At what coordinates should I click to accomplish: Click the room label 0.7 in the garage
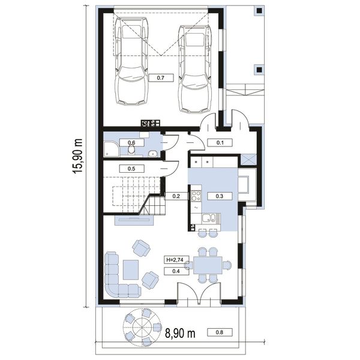pos(161,78)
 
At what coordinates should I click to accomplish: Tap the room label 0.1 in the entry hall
pos(220,143)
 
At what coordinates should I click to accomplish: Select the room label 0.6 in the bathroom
pos(131,143)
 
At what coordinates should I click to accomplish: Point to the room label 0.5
pos(131,169)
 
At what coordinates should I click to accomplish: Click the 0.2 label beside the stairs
pos(176,196)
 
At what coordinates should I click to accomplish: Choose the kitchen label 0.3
pos(220,196)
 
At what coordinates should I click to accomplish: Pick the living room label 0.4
pos(176,271)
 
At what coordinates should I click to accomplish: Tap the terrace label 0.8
pos(220,332)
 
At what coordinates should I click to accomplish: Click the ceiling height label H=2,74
pos(176,260)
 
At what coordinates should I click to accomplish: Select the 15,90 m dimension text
pos(77,156)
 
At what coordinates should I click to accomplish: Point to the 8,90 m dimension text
pos(180,333)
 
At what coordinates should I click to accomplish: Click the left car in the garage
pos(131,61)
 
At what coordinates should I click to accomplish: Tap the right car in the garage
pos(195,69)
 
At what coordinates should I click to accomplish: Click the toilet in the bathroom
pos(131,149)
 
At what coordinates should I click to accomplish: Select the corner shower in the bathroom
pos(112,149)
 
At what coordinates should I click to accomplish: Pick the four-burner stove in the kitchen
pos(196,196)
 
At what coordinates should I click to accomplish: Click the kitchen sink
pos(209,218)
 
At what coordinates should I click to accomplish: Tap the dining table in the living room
pos(208,265)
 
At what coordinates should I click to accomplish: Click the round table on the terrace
pos(142,327)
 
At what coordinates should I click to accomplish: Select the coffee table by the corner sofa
pos(131,269)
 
